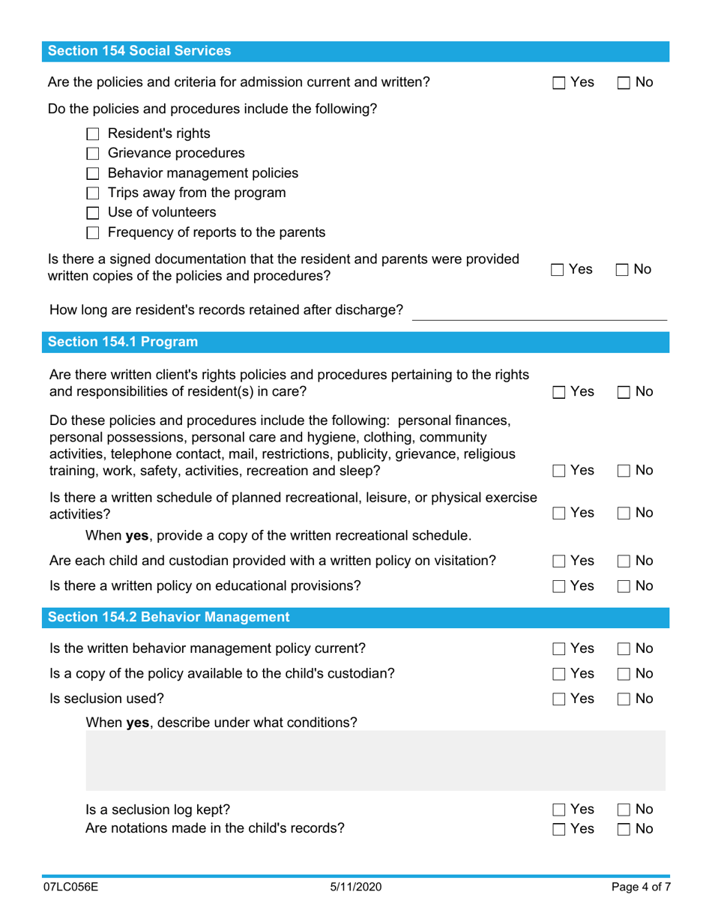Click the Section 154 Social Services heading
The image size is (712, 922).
(x=139, y=51)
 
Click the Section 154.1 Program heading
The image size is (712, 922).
(x=123, y=343)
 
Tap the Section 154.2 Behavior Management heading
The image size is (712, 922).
(x=169, y=618)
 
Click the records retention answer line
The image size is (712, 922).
(x=540, y=311)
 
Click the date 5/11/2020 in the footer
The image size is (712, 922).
(x=356, y=887)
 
